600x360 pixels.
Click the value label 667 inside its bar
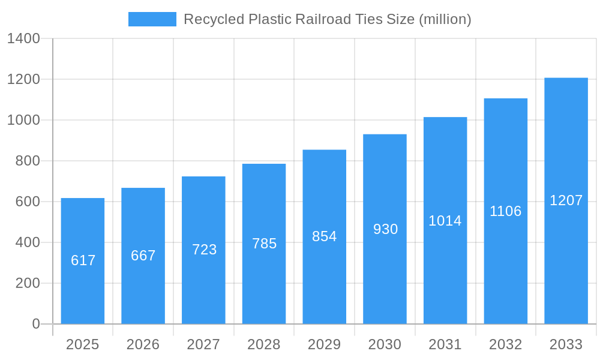[x=143, y=256]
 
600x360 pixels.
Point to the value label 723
[x=204, y=250]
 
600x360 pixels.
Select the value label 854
[x=325, y=236]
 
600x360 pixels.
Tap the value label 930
[x=385, y=229]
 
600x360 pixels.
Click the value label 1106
[x=506, y=211]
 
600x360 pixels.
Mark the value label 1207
[x=566, y=200]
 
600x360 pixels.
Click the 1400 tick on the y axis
[x=23, y=39]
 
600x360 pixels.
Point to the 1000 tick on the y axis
[x=23, y=120]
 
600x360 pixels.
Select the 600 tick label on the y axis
[x=28, y=202]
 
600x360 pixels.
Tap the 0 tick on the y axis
[x=36, y=324]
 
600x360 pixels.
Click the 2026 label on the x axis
[x=143, y=344]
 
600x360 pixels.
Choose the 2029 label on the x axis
[x=324, y=344]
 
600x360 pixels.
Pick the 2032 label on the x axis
[x=505, y=344]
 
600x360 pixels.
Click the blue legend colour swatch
[x=152, y=19]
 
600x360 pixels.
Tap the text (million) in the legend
[x=445, y=19]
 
